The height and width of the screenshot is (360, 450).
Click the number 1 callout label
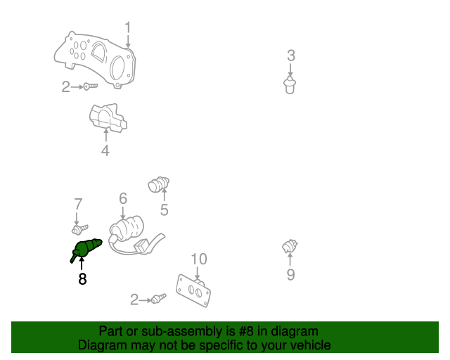tap(128, 27)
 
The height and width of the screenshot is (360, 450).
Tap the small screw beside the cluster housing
tap(90, 86)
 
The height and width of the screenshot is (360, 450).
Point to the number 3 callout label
tap(290, 56)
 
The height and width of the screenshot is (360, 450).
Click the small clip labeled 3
tap(290, 86)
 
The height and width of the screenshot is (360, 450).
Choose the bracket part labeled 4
tap(107, 118)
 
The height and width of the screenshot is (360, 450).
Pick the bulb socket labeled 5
tap(158, 185)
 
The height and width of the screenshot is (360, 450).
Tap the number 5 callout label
tap(164, 210)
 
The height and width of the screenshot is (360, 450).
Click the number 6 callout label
tap(122, 199)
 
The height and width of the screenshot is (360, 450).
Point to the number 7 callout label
tap(78, 204)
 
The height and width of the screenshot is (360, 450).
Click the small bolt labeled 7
tap(79, 229)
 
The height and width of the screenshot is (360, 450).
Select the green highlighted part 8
tap(87, 249)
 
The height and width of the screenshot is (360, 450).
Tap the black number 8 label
tap(82, 279)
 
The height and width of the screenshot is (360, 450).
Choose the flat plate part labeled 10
tap(195, 290)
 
